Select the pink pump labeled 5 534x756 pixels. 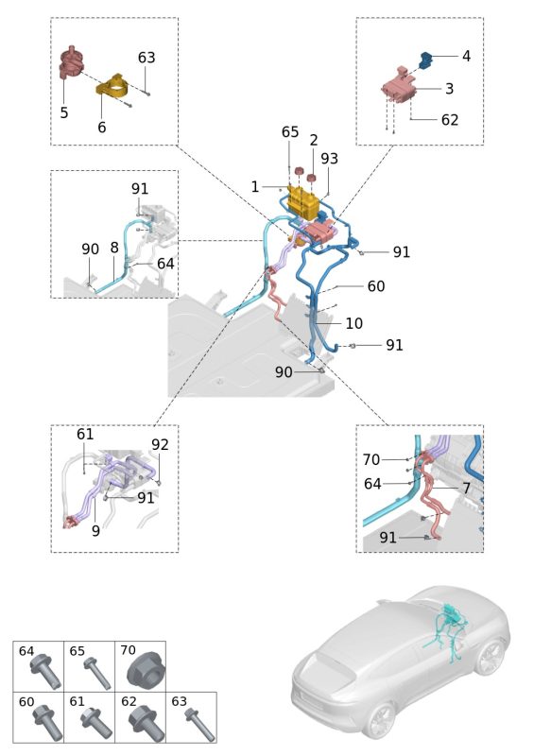coord(72,62)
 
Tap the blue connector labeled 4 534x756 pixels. coord(424,60)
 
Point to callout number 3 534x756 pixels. coord(449,89)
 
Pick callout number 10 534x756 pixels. coord(354,323)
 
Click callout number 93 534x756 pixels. coord(330,159)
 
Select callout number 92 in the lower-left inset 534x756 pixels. coord(160,444)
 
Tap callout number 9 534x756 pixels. coord(95,531)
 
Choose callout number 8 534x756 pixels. coord(114,248)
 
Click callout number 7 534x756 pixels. coord(467,488)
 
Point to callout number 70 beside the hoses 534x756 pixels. coord(371,460)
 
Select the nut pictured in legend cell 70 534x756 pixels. coord(146,669)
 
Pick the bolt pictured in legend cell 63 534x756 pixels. coord(199,725)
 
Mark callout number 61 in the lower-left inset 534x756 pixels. coord(85,434)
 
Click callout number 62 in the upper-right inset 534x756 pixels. coord(450,120)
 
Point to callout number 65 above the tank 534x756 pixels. coord(290,131)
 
